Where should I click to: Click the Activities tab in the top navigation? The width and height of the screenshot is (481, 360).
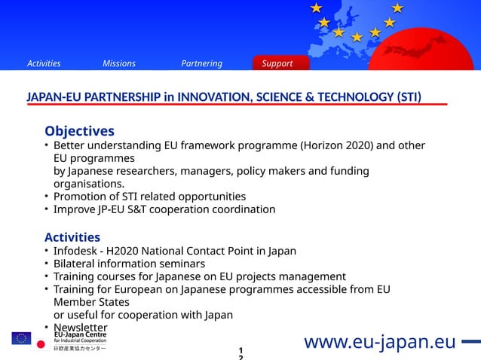[x=44, y=63]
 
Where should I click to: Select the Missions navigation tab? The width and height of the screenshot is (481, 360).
[x=119, y=63]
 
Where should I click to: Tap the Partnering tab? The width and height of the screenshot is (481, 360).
[x=201, y=63]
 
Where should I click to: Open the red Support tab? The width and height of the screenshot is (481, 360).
[x=277, y=63]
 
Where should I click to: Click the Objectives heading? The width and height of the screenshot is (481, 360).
[x=79, y=131]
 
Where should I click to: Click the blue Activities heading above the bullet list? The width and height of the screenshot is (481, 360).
[x=72, y=237]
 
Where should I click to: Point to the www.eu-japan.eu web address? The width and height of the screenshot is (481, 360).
[x=380, y=342]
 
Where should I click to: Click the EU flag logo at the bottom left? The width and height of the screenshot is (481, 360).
[x=21, y=337]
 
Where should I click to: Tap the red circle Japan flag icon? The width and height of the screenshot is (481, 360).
[x=41, y=345]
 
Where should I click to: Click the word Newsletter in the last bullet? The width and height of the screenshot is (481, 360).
[x=81, y=328]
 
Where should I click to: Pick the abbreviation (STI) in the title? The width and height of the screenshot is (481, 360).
[x=407, y=96]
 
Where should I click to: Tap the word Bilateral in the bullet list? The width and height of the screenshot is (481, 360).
[x=76, y=264]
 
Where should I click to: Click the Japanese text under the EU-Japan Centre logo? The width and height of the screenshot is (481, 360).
[x=79, y=349]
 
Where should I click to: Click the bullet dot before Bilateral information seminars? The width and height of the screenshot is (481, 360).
[x=46, y=264]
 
